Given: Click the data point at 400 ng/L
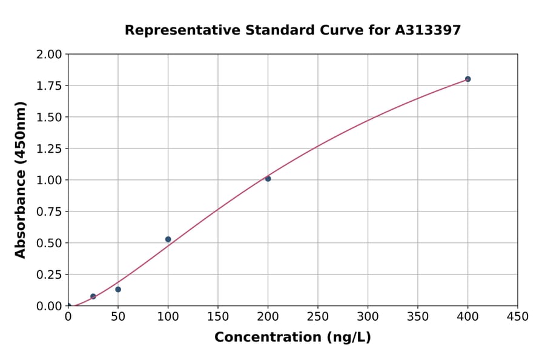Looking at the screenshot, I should (467, 79).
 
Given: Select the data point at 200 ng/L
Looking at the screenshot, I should (268, 179).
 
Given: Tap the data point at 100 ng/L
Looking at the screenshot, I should (168, 239).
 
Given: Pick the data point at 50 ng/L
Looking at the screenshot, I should (118, 289).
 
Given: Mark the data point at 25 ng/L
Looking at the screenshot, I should (93, 296).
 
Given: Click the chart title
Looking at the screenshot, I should (292, 30).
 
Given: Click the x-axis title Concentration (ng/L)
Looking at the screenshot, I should (292, 338).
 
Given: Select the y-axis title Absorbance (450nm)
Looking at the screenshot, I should (21, 180).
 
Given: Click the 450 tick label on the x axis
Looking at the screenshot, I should (518, 317).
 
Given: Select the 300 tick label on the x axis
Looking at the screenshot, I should (368, 317).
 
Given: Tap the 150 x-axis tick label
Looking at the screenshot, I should (218, 317).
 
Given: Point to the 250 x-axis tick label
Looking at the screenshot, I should (318, 317).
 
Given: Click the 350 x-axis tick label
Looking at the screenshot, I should (418, 317).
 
